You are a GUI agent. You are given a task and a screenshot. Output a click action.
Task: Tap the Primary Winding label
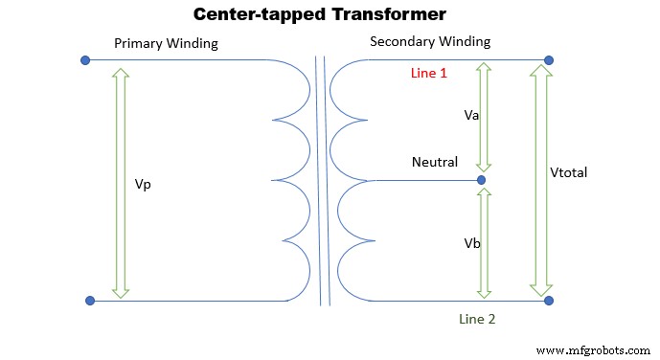166,44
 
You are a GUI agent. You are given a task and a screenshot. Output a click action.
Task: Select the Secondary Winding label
430,41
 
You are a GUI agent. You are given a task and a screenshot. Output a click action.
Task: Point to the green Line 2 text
477,319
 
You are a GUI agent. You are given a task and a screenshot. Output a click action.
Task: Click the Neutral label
435,163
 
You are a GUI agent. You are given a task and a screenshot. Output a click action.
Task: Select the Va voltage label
470,114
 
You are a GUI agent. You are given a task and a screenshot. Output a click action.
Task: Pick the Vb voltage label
471,243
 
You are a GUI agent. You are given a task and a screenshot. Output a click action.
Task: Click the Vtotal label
568,173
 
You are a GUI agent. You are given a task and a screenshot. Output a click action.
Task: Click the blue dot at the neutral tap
481,180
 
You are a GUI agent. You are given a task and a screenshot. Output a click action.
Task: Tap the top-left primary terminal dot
85,60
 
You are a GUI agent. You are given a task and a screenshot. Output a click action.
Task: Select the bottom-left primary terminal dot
90,301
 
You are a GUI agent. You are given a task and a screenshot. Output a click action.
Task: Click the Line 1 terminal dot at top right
549,60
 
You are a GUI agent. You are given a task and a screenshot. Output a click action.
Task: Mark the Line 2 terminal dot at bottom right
549,301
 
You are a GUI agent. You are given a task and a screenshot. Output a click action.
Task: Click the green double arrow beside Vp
120,181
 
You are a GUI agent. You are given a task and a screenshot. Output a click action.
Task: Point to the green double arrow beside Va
484,117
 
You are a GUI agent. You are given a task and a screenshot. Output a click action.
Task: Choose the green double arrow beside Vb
484,242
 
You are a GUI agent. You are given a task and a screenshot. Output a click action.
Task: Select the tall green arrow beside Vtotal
540,180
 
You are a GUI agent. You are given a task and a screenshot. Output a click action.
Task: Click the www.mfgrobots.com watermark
591,351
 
